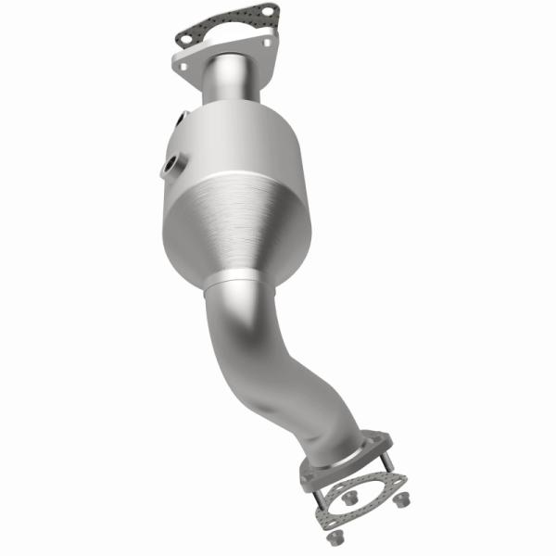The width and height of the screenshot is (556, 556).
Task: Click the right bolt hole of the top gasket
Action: (267, 11)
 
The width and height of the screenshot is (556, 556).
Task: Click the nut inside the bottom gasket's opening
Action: (349, 498)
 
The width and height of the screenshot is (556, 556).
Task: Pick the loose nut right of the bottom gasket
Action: (401, 500)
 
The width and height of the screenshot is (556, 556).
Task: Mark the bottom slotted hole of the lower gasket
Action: (331, 524)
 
